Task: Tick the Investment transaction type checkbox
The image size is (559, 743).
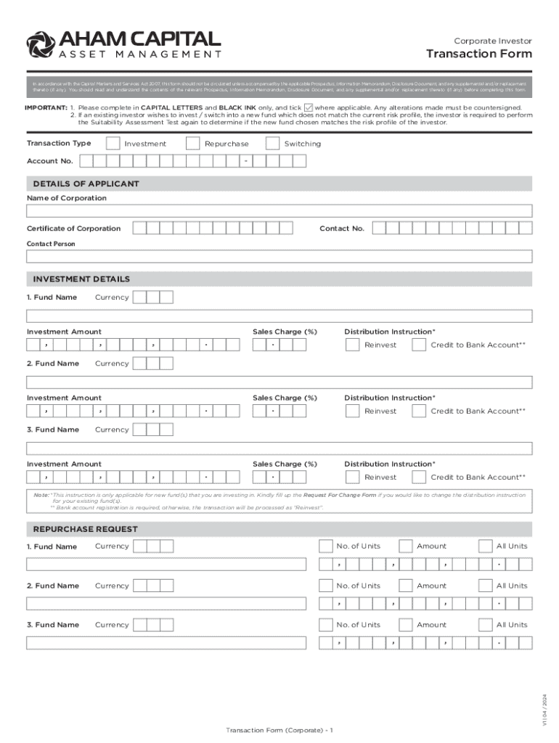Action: pos(113,144)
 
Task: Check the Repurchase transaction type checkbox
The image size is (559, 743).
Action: pos(192,144)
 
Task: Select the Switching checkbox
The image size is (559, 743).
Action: pos(272,144)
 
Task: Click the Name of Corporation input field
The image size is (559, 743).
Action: pos(279,211)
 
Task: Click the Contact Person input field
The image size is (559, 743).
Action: pos(279,257)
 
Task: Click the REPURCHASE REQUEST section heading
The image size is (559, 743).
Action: pos(85,529)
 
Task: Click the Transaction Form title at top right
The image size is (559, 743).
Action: pos(478,54)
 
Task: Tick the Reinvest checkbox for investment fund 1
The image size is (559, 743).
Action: pos(352,345)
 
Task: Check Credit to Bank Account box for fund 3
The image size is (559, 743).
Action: pos(419,477)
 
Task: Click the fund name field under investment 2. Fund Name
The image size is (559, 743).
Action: pos(279,382)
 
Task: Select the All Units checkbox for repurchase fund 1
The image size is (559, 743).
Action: pos(485,546)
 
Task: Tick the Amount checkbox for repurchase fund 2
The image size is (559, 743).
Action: pos(405,586)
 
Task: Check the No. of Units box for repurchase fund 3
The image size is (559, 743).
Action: pos(325,625)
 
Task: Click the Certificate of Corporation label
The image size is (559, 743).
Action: pos(74,229)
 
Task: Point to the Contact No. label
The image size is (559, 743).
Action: pos(342,229)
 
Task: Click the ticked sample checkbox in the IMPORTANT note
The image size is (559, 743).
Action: pos(308,107)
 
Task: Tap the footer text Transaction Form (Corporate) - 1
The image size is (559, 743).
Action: pos(279,729)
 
